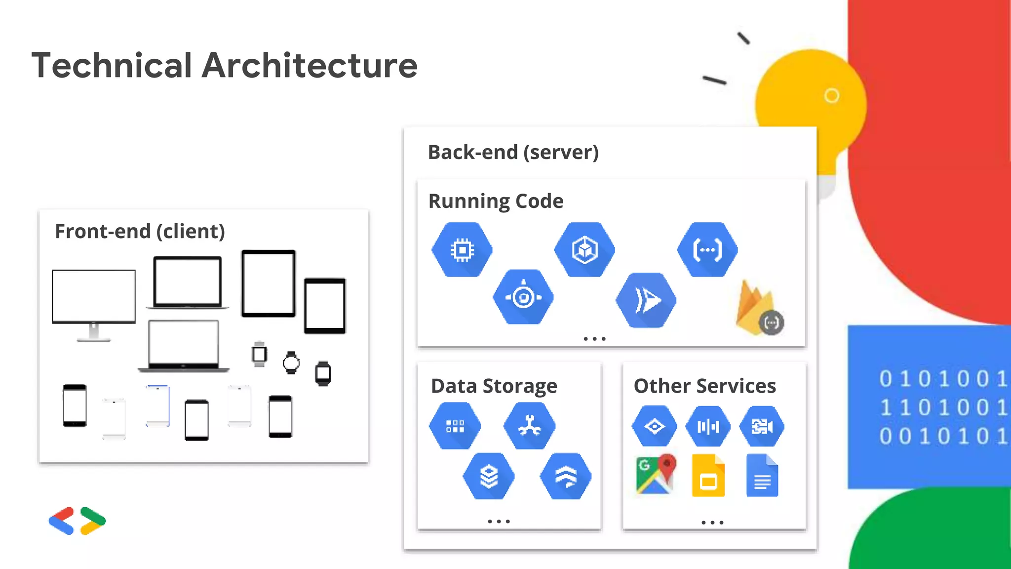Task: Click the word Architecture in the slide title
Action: (x=310, y=65)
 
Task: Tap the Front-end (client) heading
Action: (x=140, y=231)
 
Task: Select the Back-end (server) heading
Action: (x=513, y=152)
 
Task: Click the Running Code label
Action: (x=496, y=201)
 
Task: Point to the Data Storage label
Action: (x=494, y=386)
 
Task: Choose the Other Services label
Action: (x=704, y=386)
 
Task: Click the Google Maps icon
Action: (x=656, y=475)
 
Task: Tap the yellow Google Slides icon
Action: (x=708, y=476)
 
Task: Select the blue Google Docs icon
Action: (x=762, y=476)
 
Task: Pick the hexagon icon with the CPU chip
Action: (x=462, y=250)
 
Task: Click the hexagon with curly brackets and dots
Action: (x=707, y=250)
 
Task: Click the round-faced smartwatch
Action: (x=291, y=363)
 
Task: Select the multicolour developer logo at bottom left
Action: (x=77, y=521)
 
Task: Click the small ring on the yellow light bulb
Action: (x=832, y=95)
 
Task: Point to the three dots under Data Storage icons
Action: (x=499, y=522)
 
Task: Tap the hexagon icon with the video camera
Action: (x=762, y=426)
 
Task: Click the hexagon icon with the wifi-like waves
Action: (x=566, y=476)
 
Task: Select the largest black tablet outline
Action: (x=269, y=284)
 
